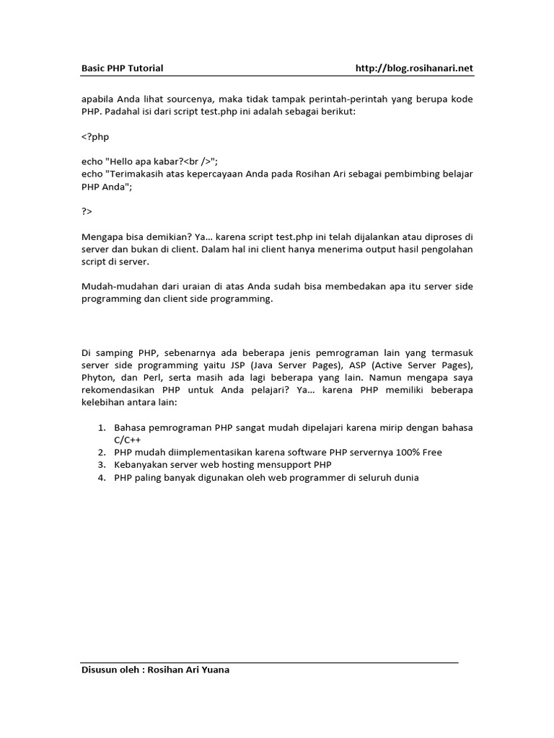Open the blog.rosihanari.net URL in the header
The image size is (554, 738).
(x=415, y=68)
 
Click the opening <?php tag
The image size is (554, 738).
(x=95, y=136)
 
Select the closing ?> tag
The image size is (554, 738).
(x=87, y=211)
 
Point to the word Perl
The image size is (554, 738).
(x=148, y=378)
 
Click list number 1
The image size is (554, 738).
(x=102, y=427)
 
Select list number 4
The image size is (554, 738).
(x=102, y=478)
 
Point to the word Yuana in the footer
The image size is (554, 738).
(x=215, y=670)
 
